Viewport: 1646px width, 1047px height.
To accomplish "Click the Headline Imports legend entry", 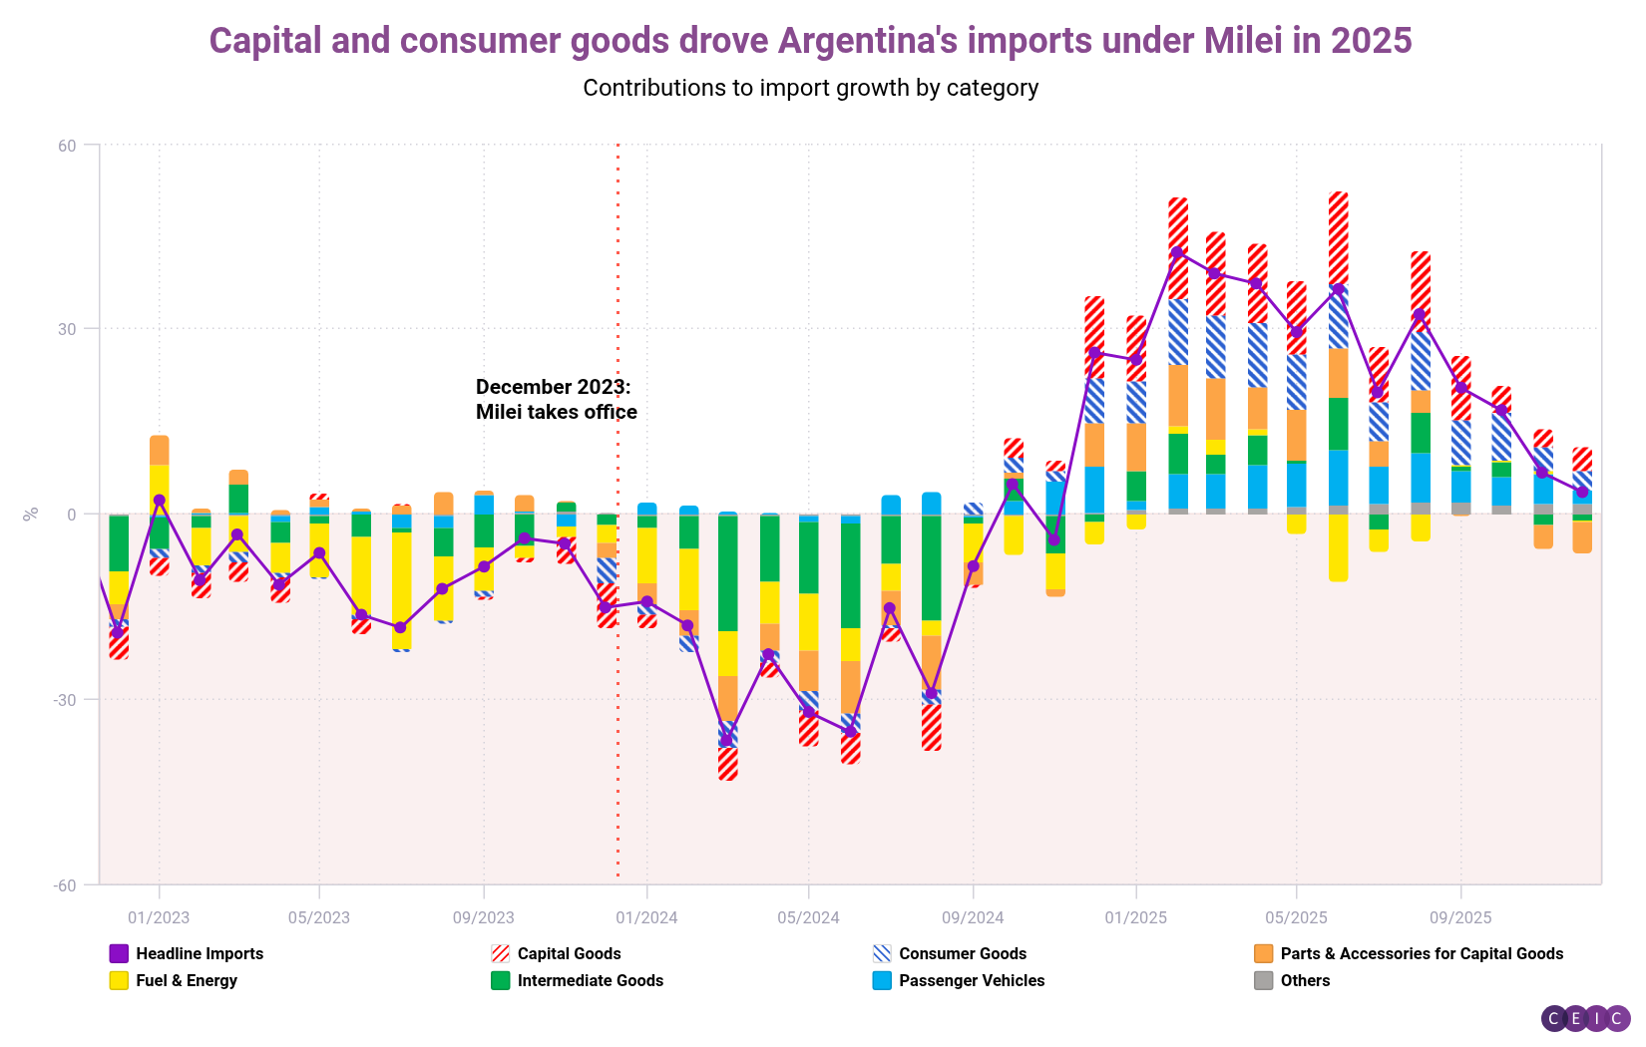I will (x=187, y=954).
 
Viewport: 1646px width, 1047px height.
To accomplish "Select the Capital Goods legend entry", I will (x=557, y=954).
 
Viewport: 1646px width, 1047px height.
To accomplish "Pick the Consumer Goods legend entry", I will (x=950, y=954).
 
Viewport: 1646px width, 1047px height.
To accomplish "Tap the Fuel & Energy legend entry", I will (x=174, y=981).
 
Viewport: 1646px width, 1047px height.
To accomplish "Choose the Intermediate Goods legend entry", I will (x=578, y=981).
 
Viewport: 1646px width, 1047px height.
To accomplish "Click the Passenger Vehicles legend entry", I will (x=959, y=981).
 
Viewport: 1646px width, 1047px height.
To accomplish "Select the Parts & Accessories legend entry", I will (x=1409, y=954).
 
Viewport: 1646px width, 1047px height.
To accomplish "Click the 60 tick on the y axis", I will (x=67, y=146).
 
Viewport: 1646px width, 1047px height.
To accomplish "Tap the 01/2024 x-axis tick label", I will (x=646, y=917).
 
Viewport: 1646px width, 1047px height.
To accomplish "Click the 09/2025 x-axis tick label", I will (x=1460, y=917).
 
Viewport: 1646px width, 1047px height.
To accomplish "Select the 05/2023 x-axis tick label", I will (x=319, y=917).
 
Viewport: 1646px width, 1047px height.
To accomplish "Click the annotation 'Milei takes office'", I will (x=556, y=412).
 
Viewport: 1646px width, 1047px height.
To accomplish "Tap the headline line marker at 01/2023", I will (x=160, y=501).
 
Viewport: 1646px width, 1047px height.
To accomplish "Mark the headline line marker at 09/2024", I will (x=974, y=566).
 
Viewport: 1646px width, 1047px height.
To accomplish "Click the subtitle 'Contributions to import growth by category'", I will (x=810, y=88).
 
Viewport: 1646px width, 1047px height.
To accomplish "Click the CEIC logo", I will (x=1585, y=1018).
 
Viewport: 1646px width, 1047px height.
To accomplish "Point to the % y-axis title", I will (x=31, y=514).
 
